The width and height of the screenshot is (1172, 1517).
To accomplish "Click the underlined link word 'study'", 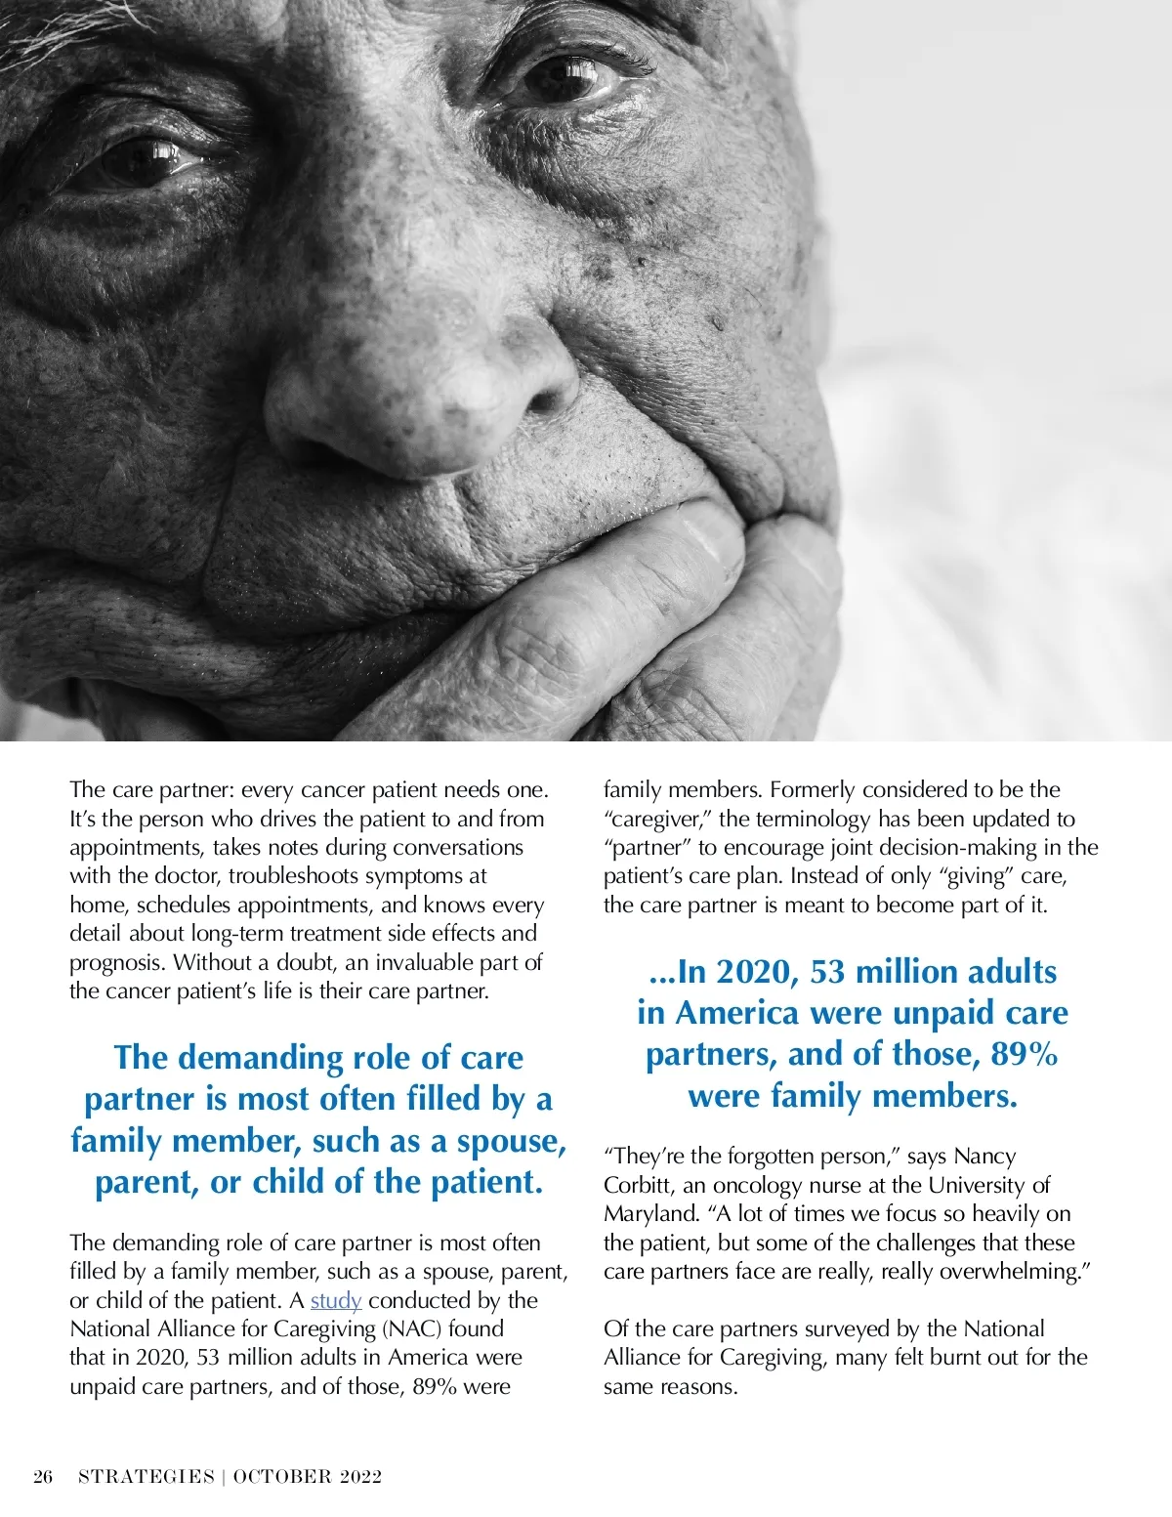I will click(336, 1300).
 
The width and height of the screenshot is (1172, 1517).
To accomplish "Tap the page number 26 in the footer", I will click(43, 1476).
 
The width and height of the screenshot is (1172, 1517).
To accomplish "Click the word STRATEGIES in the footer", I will click(146, 1476).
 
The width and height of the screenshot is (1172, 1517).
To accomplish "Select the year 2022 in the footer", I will click(360, 1476).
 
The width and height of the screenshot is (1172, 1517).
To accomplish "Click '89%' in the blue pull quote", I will click(1025, 1055).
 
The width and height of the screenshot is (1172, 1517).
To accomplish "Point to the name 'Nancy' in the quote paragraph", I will click(985, 1157).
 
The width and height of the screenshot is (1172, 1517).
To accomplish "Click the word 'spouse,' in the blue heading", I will click(512, 1141).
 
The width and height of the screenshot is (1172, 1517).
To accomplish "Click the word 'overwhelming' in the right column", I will click(1016, 1272).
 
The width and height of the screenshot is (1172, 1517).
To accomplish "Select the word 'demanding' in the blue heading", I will click(261, 1058).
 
